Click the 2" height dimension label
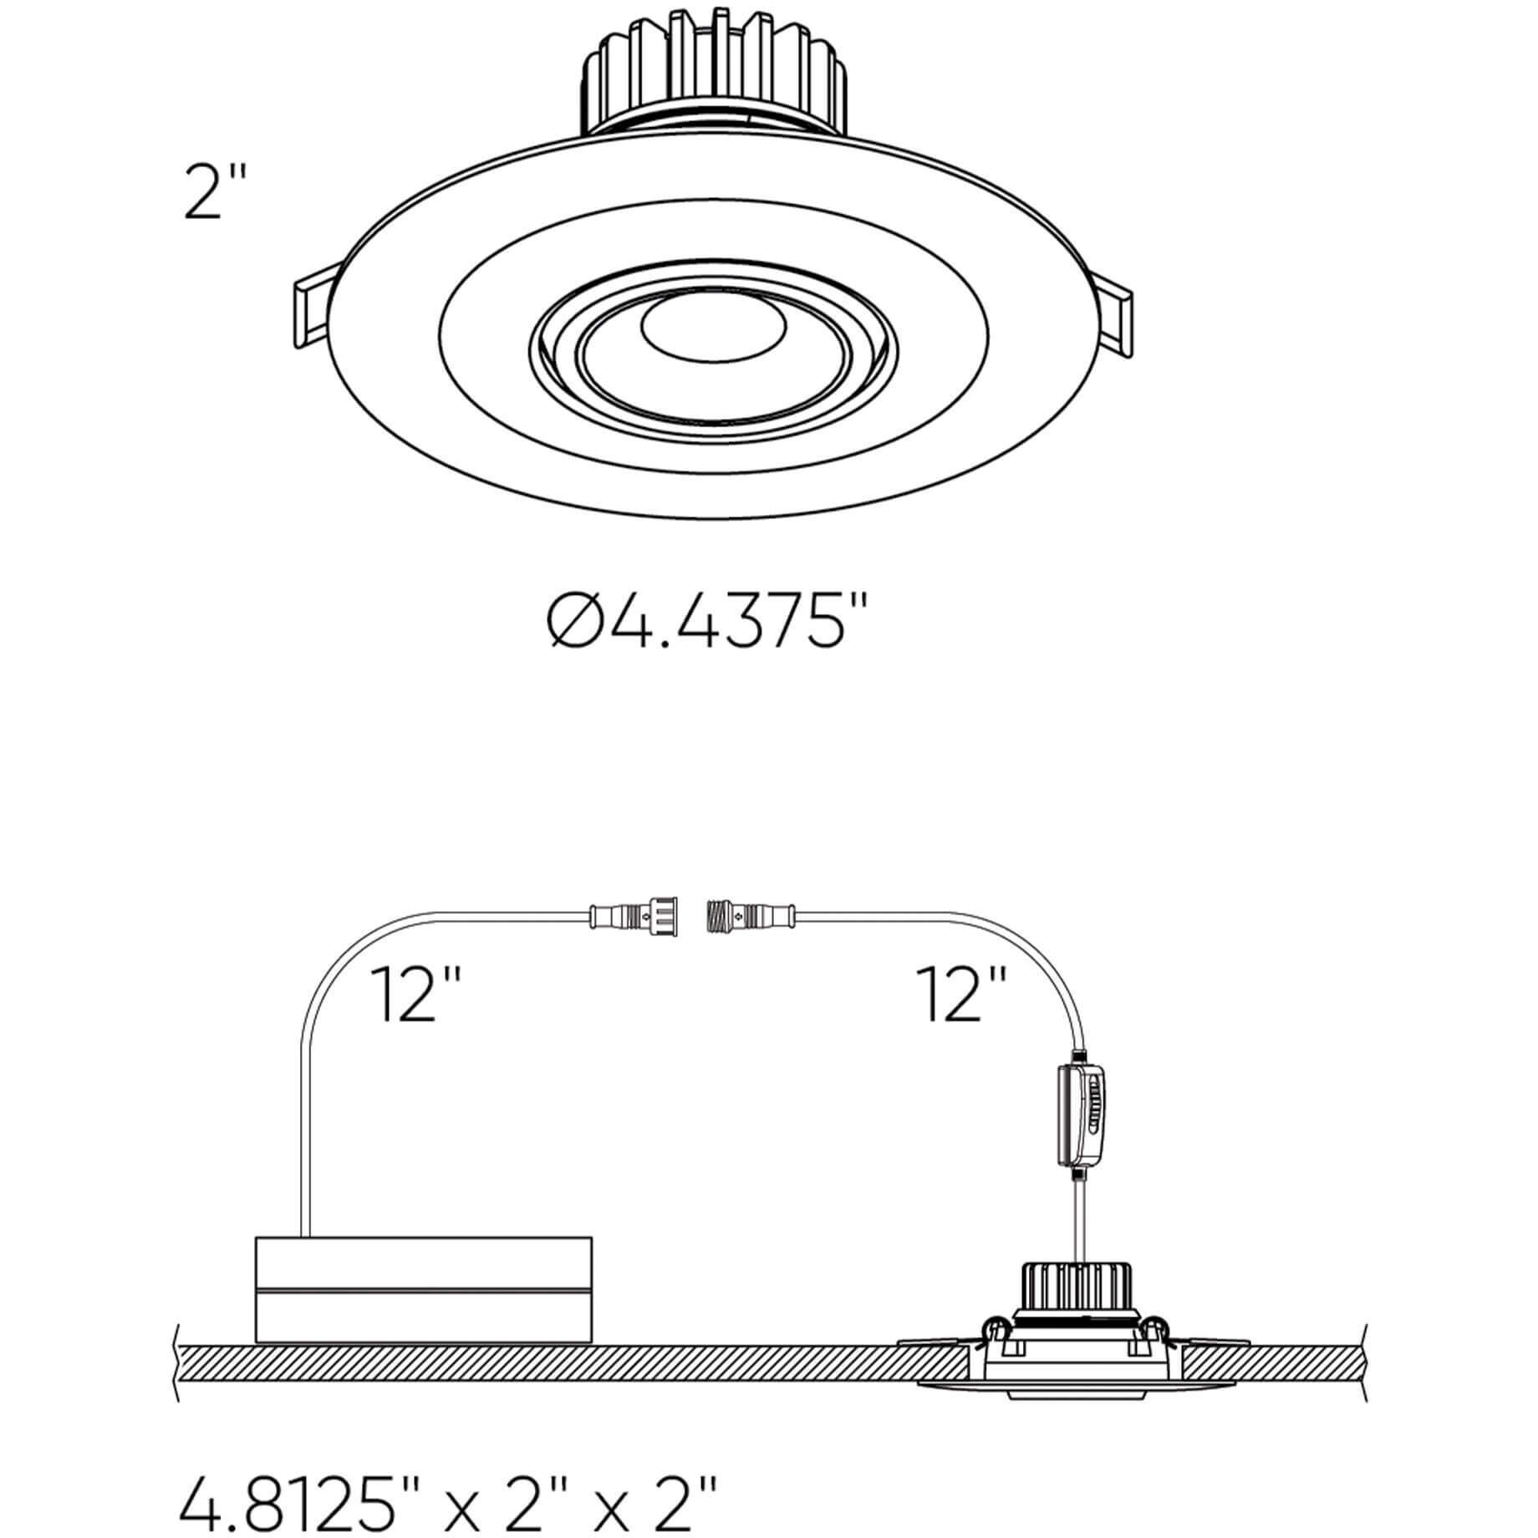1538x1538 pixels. (215, 191)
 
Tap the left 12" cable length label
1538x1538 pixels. (415, 994)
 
